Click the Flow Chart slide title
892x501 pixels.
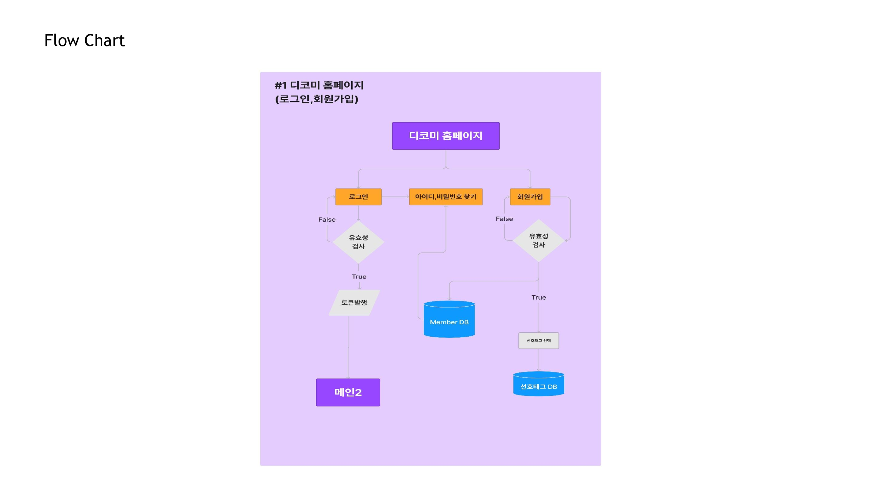[x=85, y=40]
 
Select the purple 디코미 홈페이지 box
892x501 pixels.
[x=445, y=136]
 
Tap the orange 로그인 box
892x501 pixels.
[x=359, y=197]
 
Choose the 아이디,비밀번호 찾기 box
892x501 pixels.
[x=445, y=197]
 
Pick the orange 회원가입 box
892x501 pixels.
[x=530, y=197]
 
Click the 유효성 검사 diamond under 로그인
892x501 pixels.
[x=359, y=242]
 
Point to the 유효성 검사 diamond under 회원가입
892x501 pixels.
[x=538, y=240]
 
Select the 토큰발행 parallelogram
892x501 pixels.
[x=354, y=303]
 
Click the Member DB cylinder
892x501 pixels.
[x=449, y=319]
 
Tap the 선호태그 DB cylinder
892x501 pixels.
[x=538, y=384]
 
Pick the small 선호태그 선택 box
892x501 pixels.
[x=538, y=341]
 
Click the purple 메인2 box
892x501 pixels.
[x=348, y=392]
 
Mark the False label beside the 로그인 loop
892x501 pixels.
[x=327, y=219]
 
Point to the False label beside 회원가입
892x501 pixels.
[x=504, y=219]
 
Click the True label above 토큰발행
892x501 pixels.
[x=359, y=277]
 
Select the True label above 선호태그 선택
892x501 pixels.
[x=539, y=297]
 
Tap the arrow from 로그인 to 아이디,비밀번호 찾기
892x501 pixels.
[x=395, y=197]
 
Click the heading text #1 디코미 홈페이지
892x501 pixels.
[x=319, y=85]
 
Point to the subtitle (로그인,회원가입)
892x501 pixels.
[x=316, y=99]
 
